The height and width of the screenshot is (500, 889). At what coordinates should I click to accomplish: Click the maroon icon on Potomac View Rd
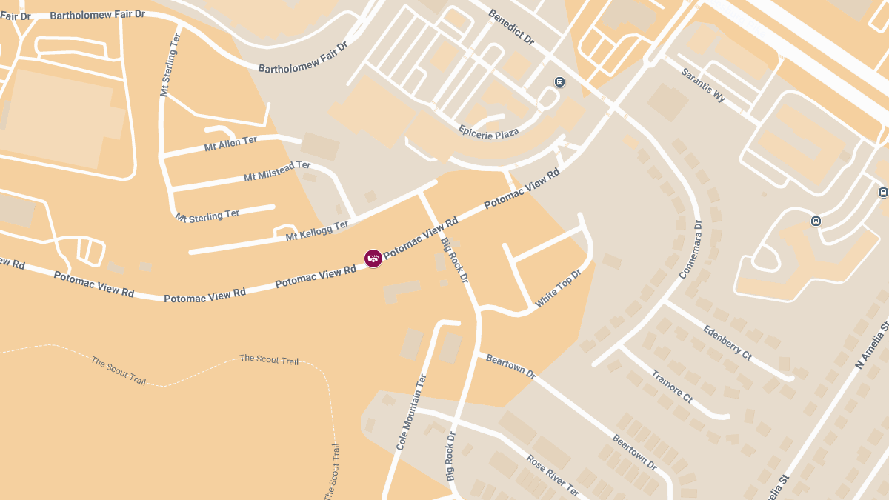coord(373,258)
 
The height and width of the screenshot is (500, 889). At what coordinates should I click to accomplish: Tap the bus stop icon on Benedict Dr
coord(560,82)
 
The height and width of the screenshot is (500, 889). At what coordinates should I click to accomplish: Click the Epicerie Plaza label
coord(488,132)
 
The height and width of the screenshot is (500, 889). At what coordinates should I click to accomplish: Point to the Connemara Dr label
coord(690,250)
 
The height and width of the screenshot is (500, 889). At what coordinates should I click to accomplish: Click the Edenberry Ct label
coord(727,343)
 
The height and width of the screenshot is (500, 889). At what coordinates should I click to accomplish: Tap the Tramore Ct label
coord(672,386)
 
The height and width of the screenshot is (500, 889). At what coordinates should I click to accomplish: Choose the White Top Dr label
coord(559,289)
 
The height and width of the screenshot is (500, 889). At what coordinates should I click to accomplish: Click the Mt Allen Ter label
coord(230,143)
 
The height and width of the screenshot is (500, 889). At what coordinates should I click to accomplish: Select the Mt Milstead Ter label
coord(277,172)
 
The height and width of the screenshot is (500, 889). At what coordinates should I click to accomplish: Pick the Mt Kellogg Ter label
coord(317,231)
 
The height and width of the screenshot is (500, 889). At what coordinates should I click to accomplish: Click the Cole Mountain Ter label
coord(412,413)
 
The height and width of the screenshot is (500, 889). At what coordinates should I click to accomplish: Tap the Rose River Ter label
coord(553,475)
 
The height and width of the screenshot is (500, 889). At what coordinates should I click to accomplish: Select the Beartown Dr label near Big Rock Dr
coord(510,367)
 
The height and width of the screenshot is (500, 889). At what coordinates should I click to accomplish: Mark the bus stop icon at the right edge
coord(883,193)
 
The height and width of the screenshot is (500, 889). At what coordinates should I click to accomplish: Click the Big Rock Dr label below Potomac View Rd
coord(455,260)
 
